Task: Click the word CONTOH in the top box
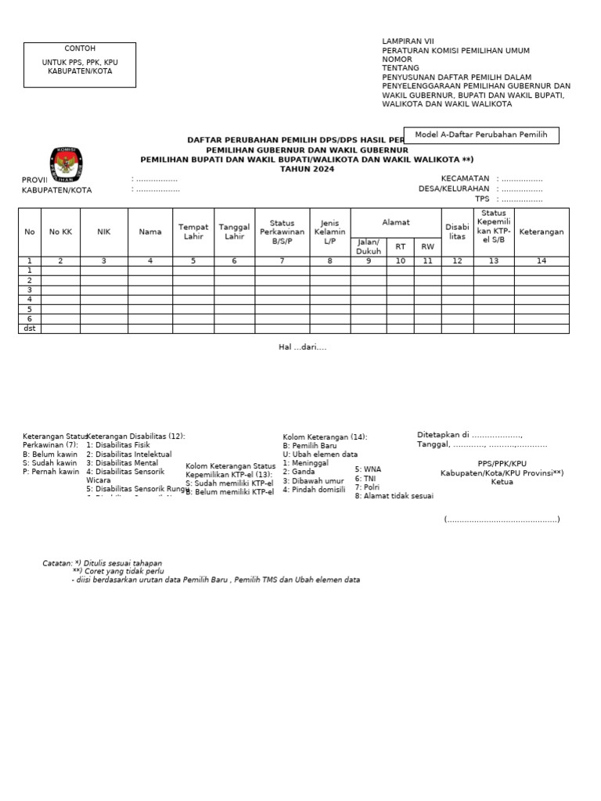(x=80, y=48)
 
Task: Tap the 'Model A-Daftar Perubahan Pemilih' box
(x=480, y=135)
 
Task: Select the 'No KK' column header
(x=60, y=232)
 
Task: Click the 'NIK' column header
(x=104, y=232)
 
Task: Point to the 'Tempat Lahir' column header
(x=193, y=232)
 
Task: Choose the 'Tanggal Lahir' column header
(x=234, y=232)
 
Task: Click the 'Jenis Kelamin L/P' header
(x=330, y=232)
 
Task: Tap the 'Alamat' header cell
(x=396, y=223)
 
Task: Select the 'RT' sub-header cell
(x=401, y=246)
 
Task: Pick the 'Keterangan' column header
(x=542, y=232)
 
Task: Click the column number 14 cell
(x=542, y=261)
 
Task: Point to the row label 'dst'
(x=30, y=329)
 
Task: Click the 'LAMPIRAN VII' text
(x=408, y=41)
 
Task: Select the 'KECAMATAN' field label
(x=465, y=178)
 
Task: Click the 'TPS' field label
(x=481, y=199)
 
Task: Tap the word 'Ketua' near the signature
(x=502, y=483)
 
